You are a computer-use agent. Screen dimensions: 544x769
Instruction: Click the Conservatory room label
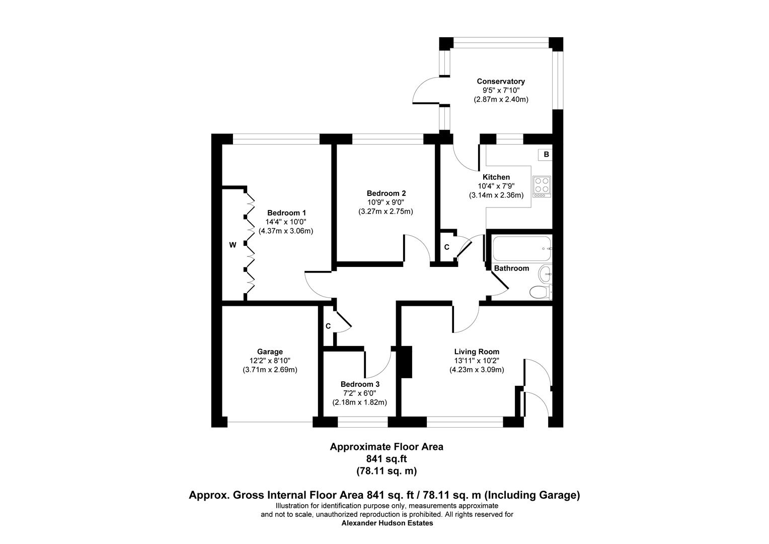click(x=500, y=81)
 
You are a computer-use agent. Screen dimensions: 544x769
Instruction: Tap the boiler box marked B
click(x=546, y=155)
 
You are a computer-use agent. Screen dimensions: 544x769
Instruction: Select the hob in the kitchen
click(x=542, y=185)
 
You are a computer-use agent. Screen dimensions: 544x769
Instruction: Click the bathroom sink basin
click(x=545, y=275)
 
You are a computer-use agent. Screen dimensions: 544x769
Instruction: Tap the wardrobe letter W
click(x=233, y=245)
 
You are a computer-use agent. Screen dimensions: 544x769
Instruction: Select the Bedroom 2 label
click(x=386, y=193)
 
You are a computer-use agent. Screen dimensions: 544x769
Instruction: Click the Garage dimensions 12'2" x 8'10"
click(x=270, y=361)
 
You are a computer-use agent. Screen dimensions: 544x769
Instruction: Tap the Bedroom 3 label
click(x=360, y=384)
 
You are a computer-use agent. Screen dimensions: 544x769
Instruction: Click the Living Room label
click(x=477, y=352)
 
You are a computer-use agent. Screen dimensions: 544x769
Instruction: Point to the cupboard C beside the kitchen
click(x=446, y=247)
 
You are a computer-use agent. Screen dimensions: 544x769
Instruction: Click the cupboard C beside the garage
click(x=328, y=326)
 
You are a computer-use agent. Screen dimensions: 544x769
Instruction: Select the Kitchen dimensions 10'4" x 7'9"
click(x=496, y=186)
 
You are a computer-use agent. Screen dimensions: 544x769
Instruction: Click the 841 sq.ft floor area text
click(x=386, y=458)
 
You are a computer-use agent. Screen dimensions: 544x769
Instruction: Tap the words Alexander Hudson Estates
click(x=387, y=523)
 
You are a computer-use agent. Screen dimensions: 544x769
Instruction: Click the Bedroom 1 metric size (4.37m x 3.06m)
click(x=286, y=231)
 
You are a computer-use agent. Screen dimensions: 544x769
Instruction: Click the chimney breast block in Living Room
click(x=406, y=362)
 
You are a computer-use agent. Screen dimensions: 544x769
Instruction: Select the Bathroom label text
click(x=511, y=268)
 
